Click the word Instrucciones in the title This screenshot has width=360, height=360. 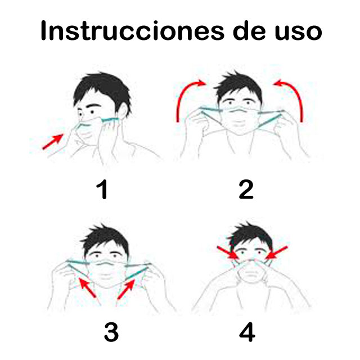[132, 31]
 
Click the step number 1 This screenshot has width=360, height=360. [102, 190]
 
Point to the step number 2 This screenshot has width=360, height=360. [246, 190]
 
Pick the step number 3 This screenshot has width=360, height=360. [111, 332]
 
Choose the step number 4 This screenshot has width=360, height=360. [247, 332]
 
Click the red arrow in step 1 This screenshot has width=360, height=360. [53, 142]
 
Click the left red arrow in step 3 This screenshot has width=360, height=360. [87, 287]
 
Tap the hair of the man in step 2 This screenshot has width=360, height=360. [238, 87]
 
